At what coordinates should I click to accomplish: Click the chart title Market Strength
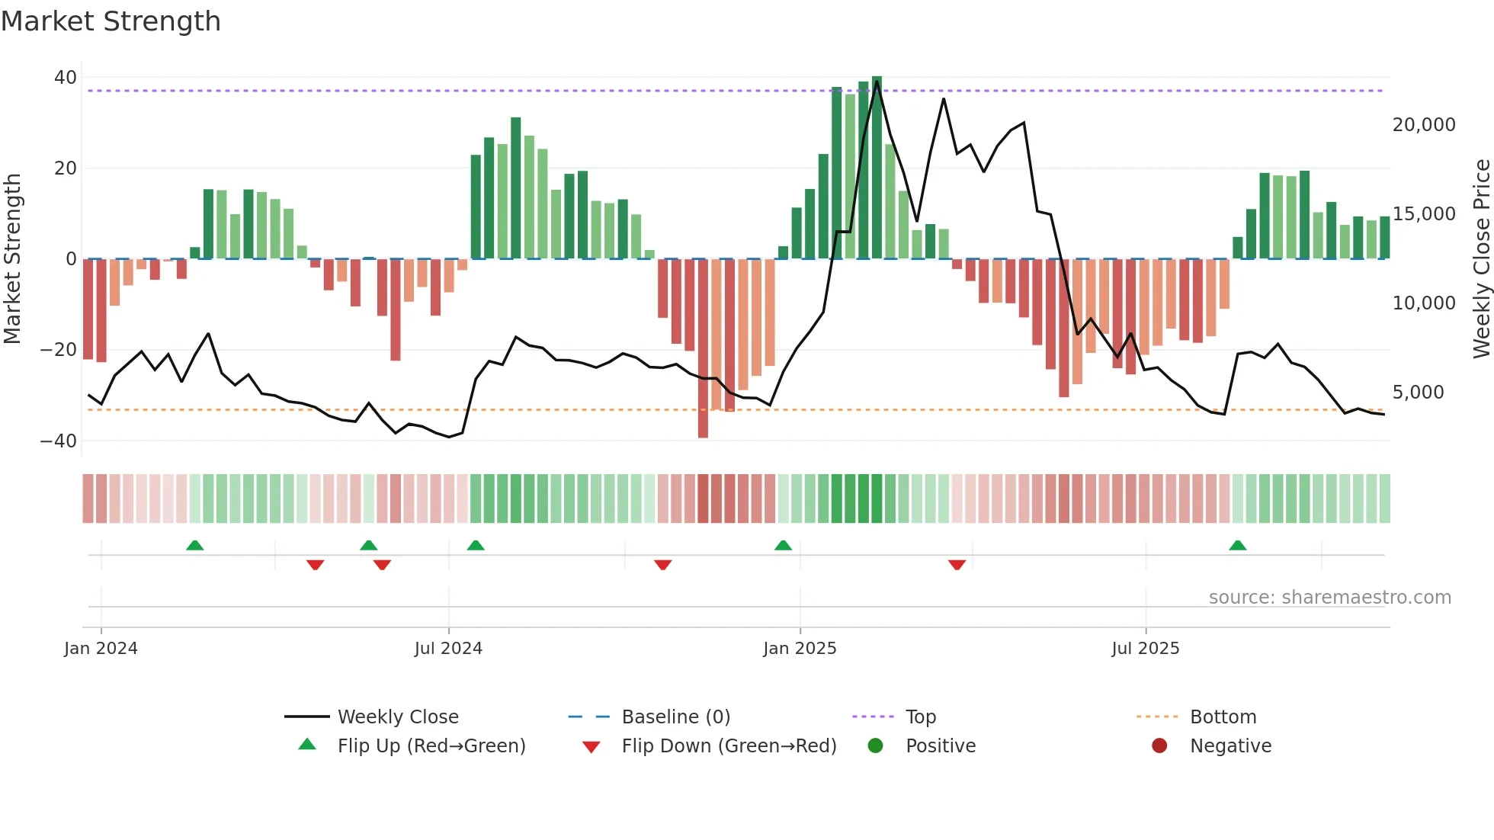point(111,21)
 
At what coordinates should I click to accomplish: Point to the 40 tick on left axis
point(66,78)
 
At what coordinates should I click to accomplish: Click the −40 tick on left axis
point(59,441)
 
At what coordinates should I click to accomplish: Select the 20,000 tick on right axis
point(1423,125)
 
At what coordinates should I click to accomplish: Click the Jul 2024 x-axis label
point(448,649)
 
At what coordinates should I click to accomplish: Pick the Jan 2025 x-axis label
point(800,649)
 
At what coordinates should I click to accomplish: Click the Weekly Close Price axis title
point(1481,259)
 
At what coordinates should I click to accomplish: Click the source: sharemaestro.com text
point(1329,598)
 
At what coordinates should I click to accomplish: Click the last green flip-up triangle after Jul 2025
point(1238,546)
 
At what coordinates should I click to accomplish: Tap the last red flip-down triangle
point(957,565)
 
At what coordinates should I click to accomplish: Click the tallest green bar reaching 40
point(877,168)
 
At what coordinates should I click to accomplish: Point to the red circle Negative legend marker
point(1159,746)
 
